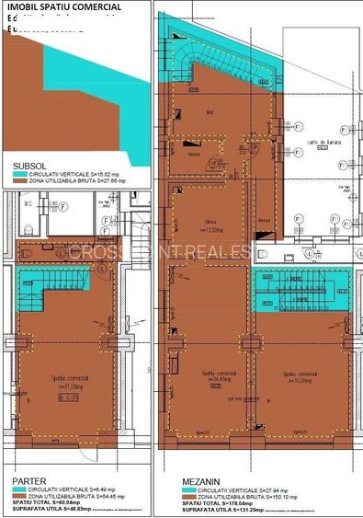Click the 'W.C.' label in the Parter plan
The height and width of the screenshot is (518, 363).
tap(27, 203)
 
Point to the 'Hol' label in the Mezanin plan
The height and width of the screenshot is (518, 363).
tap(210, 113)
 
